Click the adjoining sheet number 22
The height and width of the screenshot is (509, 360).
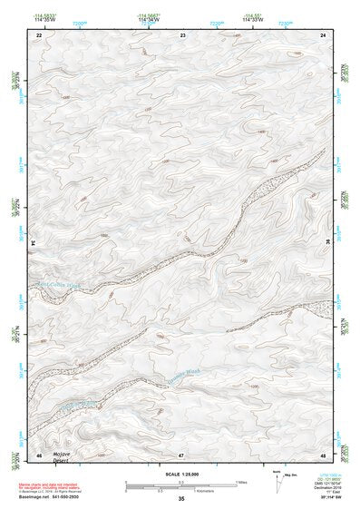point(39,34)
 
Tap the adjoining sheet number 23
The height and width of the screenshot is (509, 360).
point(182,34)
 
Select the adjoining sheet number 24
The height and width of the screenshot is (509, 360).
point(324,34)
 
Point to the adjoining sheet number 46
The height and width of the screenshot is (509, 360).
point(39,454)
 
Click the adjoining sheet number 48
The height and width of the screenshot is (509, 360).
point(324,454)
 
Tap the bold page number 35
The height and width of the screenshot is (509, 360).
point(181,499)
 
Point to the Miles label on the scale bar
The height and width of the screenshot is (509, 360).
point(240,482)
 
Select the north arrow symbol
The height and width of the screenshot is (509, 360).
point(276,482)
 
